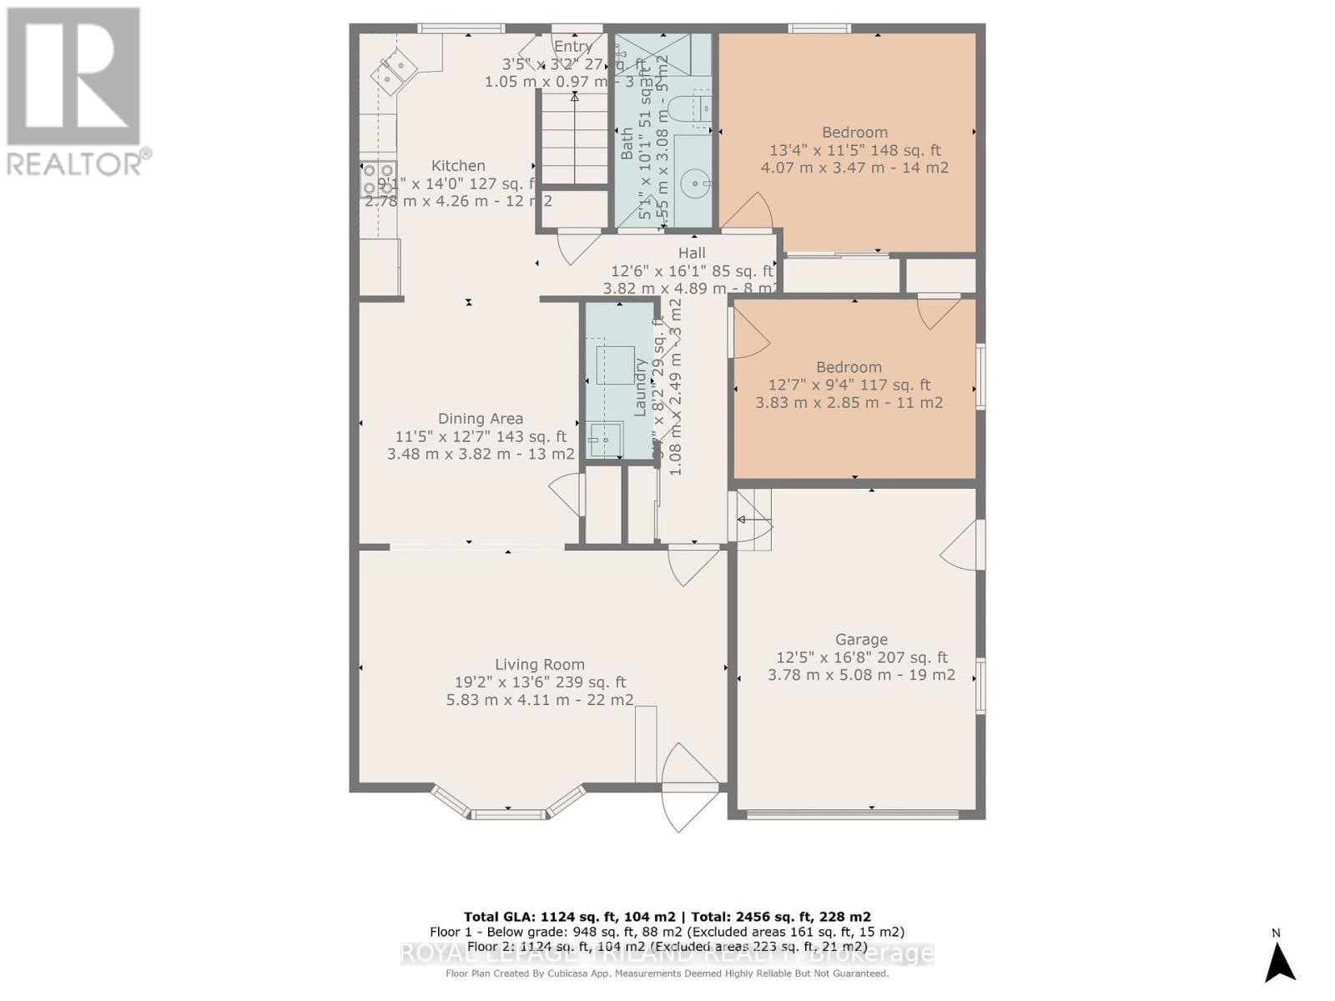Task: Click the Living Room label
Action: (x=540, y=665)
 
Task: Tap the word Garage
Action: (x=861, y=640)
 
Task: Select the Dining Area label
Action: (x=481, y=419)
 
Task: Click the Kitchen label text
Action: (x=458, y=166)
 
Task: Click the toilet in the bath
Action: (x=691, y=109)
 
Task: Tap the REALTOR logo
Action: (x=74, y=92)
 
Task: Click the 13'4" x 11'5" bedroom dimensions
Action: (x=854, y=150)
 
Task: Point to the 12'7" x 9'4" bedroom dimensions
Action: (x=849, y=385)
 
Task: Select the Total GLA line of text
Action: (x=667, y=917)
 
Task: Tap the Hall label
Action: (x=692, y=253)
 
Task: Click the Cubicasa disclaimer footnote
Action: (x=667, y=973)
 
